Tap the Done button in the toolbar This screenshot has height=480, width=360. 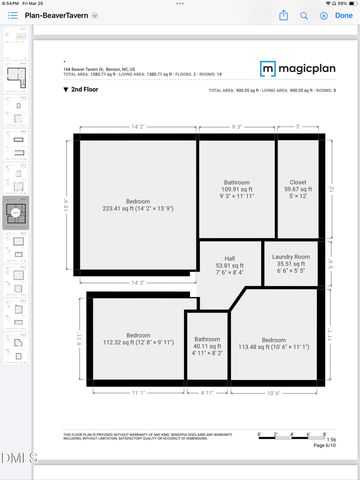(344, 15)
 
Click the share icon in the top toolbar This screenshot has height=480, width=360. (284, 15)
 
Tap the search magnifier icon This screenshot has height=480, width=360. (318, 15)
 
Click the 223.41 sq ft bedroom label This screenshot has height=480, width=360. (138, 203)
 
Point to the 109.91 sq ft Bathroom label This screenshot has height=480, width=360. (237, 187)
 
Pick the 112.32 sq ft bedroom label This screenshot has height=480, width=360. (138, 339)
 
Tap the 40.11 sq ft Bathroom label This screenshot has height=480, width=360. (208, 344)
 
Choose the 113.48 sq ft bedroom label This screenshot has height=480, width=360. (273, 344)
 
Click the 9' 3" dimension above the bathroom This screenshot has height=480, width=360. (237, 127)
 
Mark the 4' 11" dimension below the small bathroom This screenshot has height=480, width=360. (208, 394)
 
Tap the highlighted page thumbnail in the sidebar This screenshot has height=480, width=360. (15, 213)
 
